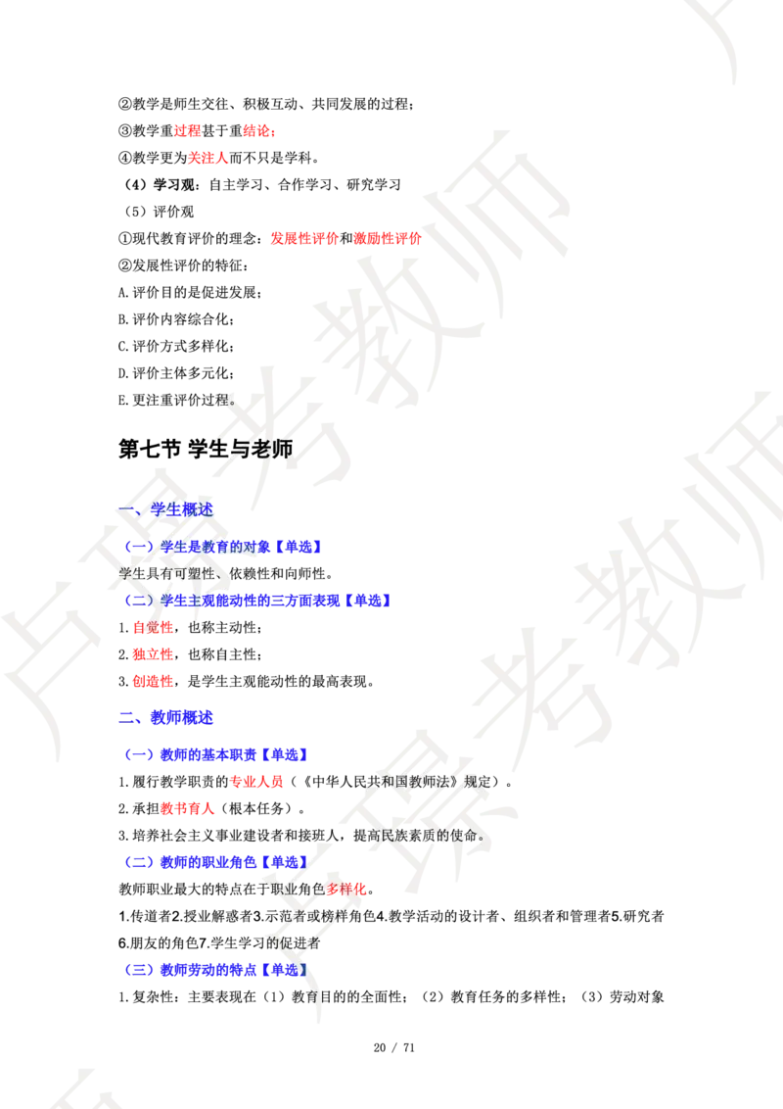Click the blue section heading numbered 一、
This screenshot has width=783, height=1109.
click(x=166, y=508)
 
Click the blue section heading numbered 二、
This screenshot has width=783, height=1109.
click(x=166, y=718)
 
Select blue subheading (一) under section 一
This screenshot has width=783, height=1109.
click(x=223, y=547)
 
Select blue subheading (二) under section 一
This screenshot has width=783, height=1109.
click(x=258, y=600)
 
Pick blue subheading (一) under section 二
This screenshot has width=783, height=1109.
click(x=217, y=755)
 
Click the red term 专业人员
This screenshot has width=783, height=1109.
click(x=257, y=782)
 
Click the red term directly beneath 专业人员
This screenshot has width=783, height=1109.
click(x=187, y=810)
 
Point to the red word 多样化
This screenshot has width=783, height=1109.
click(x=346, y=890)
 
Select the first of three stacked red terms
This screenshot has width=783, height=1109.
click(x=153, y=627)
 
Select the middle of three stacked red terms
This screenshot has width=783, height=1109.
click(x=153, y=654)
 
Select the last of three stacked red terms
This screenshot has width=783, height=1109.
click(x=153, y=681)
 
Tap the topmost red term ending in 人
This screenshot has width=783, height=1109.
click(x=207, y=157)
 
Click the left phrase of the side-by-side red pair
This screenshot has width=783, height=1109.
click(x=303, y=238)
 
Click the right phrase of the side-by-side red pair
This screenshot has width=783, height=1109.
click(x=387, y=238)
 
